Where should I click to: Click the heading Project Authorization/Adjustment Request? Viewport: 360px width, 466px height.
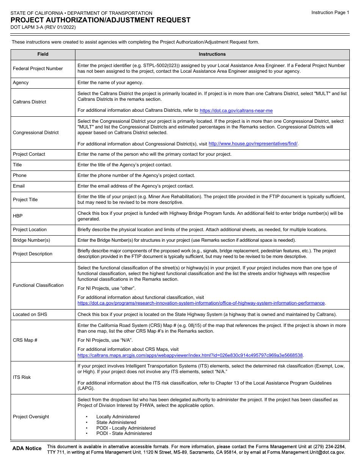100,20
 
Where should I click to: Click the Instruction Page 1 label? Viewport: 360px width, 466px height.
330,13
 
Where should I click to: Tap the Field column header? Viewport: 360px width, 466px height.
43,54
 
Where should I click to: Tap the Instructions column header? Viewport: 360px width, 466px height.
212,54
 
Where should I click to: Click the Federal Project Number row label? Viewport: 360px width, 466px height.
38,69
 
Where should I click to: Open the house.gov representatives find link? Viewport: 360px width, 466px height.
253,144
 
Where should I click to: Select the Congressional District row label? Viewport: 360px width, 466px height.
36,133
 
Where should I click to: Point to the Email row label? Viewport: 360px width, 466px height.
19,186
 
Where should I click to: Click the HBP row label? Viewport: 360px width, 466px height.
18,216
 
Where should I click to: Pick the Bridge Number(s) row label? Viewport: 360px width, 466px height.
31,240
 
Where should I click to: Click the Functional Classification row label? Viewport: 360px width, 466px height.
38,285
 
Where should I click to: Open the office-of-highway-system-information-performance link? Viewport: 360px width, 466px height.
201,303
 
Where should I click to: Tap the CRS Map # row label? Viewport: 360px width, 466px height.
25,340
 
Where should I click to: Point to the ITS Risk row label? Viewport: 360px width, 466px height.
22,377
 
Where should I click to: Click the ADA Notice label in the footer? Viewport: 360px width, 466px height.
27,448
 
